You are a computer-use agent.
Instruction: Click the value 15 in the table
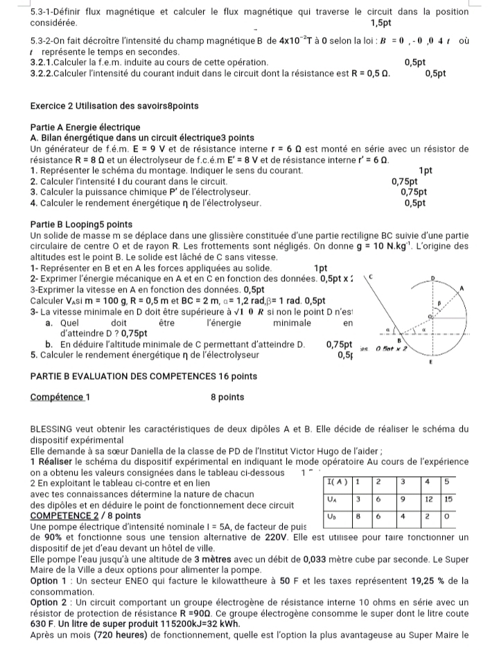pos(448,498)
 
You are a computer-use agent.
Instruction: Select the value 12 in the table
pos(428,498)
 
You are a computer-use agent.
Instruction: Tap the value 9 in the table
pos(403,498)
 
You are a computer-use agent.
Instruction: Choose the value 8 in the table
pos(358,516)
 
